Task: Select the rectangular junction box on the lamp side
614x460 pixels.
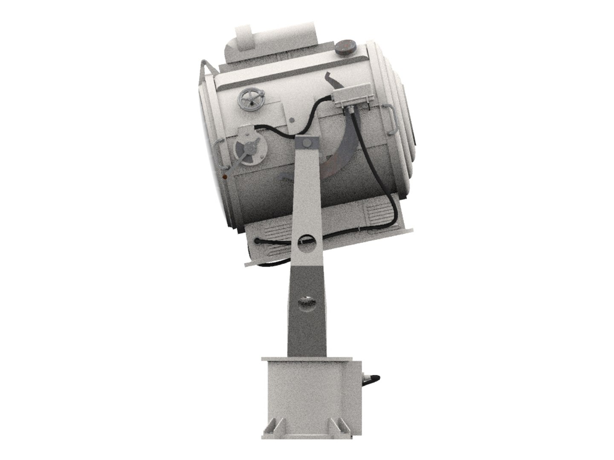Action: click(348, 98)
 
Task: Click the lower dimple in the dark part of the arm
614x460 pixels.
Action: click(306, 302)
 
